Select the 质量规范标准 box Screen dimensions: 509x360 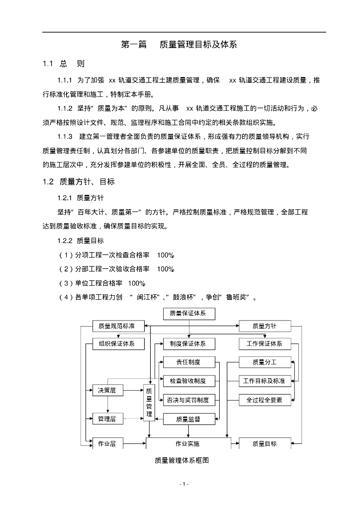(118, 327)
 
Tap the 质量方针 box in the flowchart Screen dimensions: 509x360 (264, 327)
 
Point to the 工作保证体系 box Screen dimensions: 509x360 (264, 344)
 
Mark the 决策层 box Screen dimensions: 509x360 (107, 391)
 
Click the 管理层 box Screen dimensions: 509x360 (107, 420)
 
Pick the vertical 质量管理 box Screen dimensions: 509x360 (149, 403)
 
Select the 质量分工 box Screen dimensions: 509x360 (264, 362)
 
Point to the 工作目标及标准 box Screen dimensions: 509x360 (264, 381)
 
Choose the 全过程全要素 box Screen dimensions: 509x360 (264, 400)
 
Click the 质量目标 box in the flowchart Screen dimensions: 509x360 (264, 443)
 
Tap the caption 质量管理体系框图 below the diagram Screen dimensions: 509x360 (181, 461)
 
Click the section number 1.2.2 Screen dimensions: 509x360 (65, 241)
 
